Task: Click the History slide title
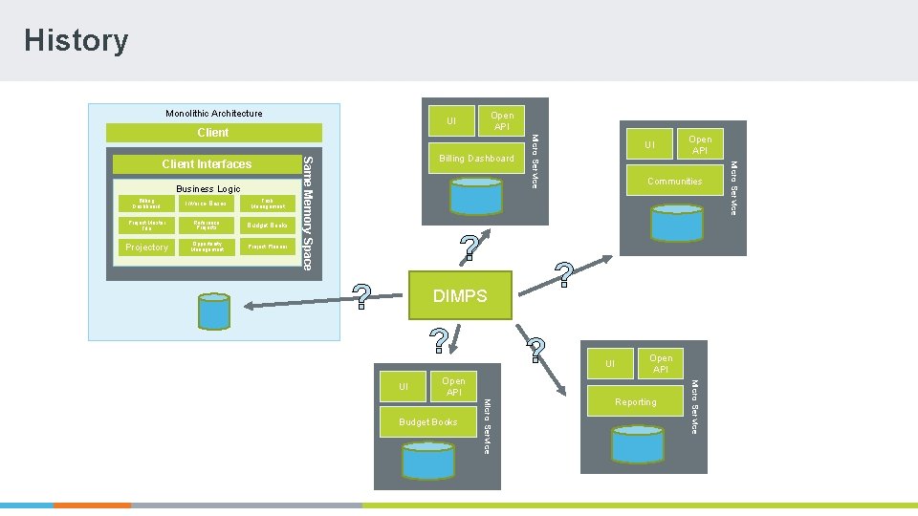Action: [x=76, y=40]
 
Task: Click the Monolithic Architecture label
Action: [x=213, y=114]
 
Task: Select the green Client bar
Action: [x=213, y=132]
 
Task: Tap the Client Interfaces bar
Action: [x=207, y=163]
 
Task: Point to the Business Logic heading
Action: [x=208, y=189]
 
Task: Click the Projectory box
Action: [x=146, y=247]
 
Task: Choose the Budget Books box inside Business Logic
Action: [x=267, y=226]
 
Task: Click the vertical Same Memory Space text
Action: [x=307, y=210]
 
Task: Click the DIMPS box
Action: [x=460, y=296]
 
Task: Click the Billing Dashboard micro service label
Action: [x=476, y=159]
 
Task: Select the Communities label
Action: [x=674, y=182]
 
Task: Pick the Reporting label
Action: [x=636, y=402]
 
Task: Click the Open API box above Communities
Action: [x=700, y=145]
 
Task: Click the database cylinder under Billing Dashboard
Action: [x=475, y=196]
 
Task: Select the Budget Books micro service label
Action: [x=427, y=422]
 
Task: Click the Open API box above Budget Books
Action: [x=453, y=387]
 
